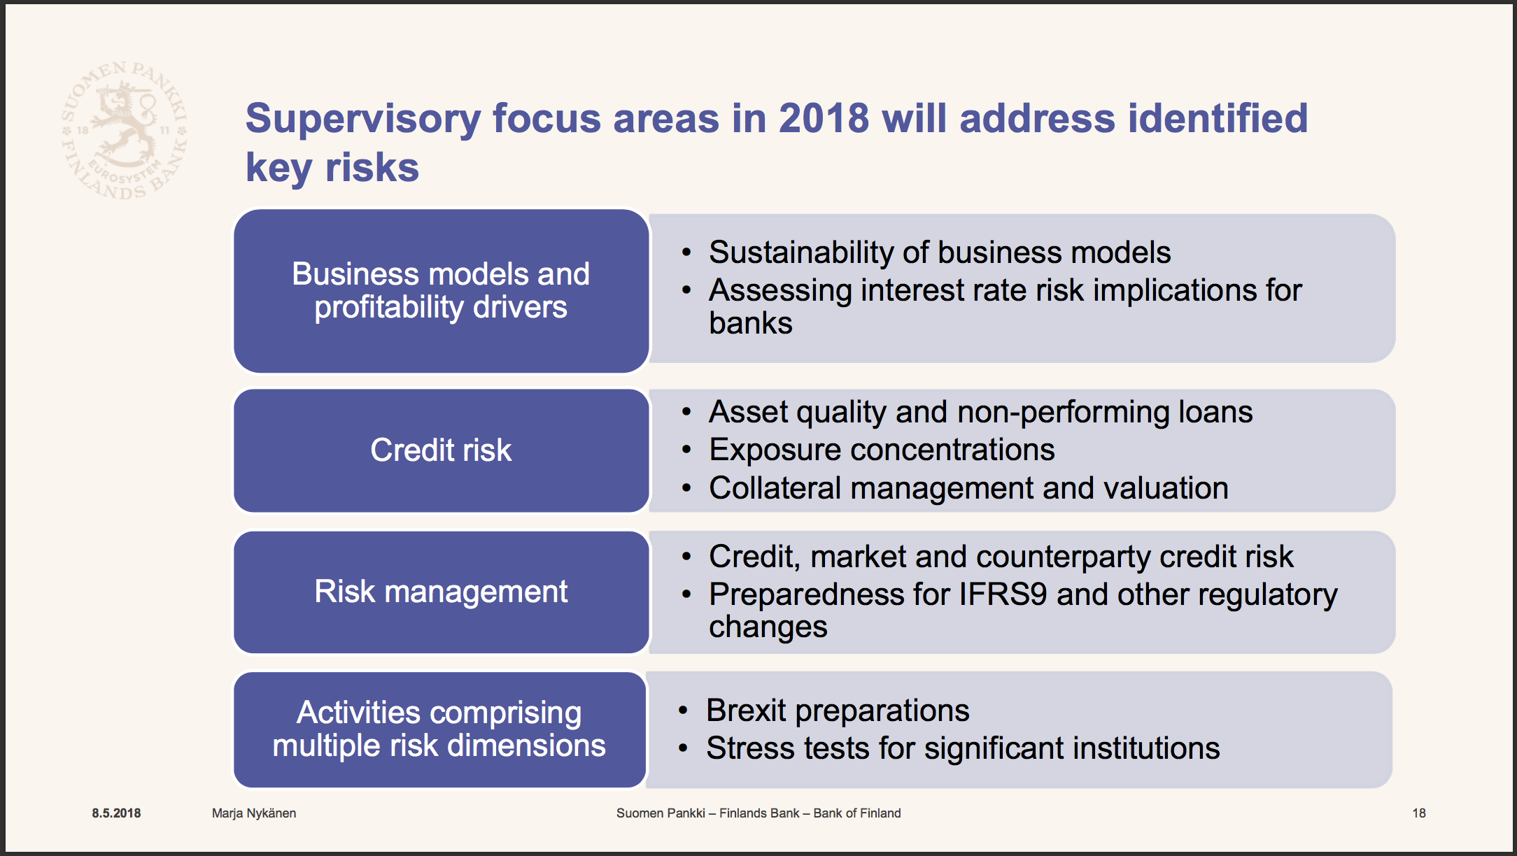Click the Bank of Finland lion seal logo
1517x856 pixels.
pyautogui.click(x=125, y=129)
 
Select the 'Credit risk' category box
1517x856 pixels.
pyautogui.click(x=442, y=450)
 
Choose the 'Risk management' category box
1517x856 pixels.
pyautogui.click(x=442, y=592)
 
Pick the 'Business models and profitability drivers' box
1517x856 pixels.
pyautogui.click(x=442, y=291)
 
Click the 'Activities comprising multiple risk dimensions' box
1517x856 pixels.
pyautogui.click(x=440, y=729)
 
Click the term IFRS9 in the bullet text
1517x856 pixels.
pyautogui.click(x=1003, y=594)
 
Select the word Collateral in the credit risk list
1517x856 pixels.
pyautogui.click(x=775, y=488)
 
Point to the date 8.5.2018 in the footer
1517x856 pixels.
pyautogui.click(x=116, y=813)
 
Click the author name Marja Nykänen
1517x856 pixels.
pyautogui.click(x=254, y=813)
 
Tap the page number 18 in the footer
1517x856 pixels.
pyautogui.click(x=1419, y=813)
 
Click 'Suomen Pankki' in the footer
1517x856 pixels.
pyautogui.click(x=661, y=813)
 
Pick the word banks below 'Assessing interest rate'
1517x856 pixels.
pyautogui.click(x=751, y=323)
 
